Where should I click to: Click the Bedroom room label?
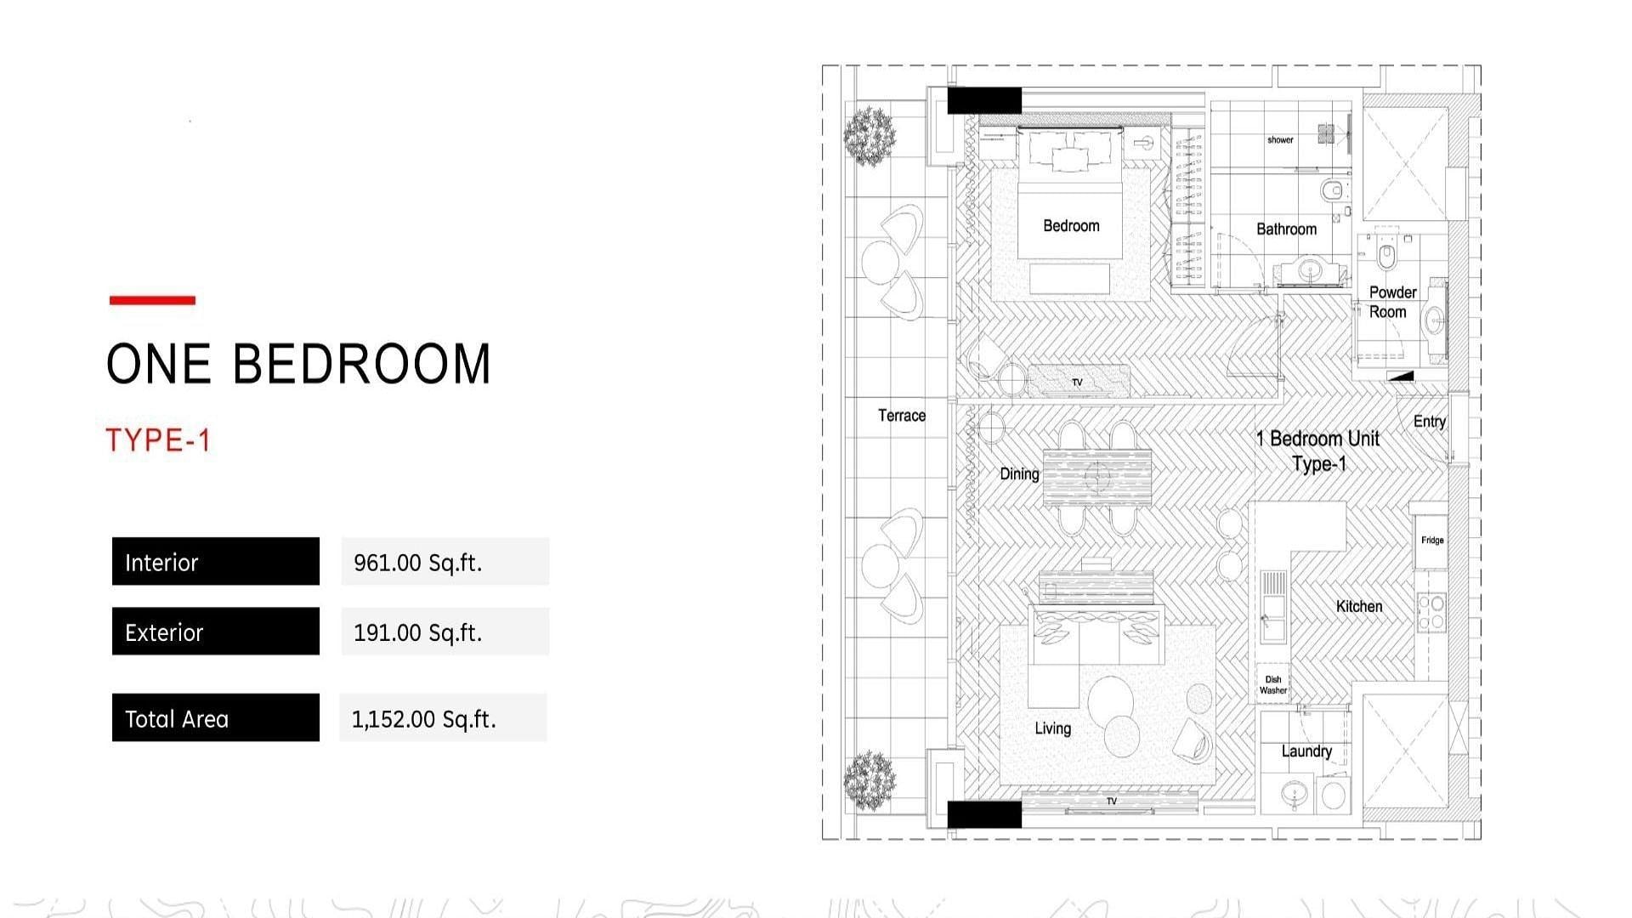tap(1071, 225)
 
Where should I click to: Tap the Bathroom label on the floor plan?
tap(1286, 229)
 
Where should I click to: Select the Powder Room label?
tap(1391, 302)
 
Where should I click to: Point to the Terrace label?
tap(902, 415)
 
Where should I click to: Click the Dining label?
tap(1019, 473)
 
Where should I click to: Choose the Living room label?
tap(1052, 728)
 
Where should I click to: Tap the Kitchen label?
tap(1359, 606)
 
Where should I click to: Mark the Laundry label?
tap(1306, 751)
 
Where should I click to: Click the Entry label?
tap(1429, 422)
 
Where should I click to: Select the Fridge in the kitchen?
tap(1431, 541)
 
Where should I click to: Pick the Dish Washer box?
tap(1273, 684)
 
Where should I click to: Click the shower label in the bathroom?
tap(1280, 140)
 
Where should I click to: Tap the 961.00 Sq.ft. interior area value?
tap(417, 563)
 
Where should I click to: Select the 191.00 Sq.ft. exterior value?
tap(417, 632)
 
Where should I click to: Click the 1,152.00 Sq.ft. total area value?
tap(423, 719)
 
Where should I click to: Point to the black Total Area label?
tap(216, 717)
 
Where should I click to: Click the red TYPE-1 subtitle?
tap(158, 440)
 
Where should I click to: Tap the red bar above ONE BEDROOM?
tap(152, 300)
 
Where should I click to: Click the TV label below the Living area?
tap(1112, 801)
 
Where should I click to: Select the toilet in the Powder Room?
tap(1386, 252)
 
